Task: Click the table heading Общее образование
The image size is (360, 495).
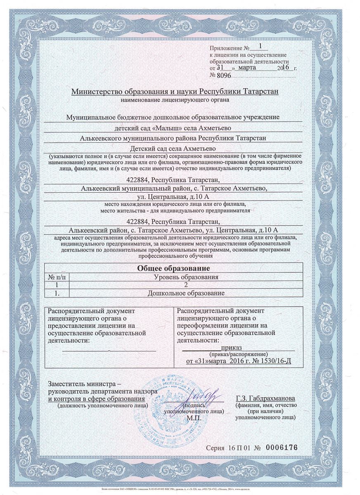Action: [x=173, y=269]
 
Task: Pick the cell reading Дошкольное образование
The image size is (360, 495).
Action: [x=186, y=293]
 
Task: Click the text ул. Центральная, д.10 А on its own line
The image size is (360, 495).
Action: [x=173, y=197]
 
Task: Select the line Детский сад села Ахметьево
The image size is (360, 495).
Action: [x=173, y=148]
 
